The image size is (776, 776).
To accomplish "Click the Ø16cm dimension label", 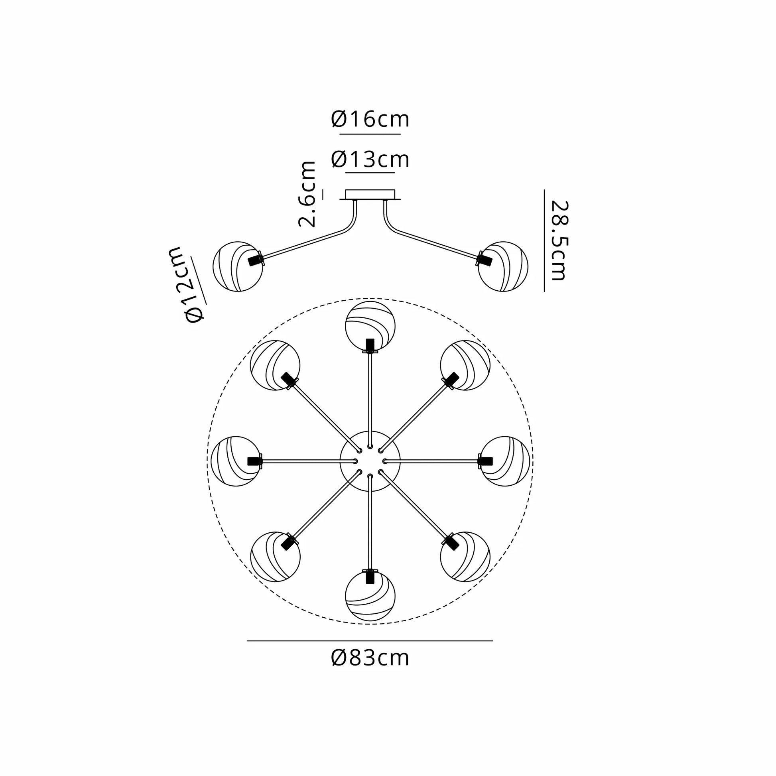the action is (x=370, y=119).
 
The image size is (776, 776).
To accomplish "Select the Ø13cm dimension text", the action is (x=370, y=160).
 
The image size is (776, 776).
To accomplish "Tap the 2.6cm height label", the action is (x=307, y=195).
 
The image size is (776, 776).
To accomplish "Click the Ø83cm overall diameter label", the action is (x=370, y=658).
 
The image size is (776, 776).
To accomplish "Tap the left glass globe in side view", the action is (x=238, y=266).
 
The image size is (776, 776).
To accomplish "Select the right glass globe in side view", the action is (x=503, y=266).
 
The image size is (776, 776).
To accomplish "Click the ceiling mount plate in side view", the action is (x=370, y=195).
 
